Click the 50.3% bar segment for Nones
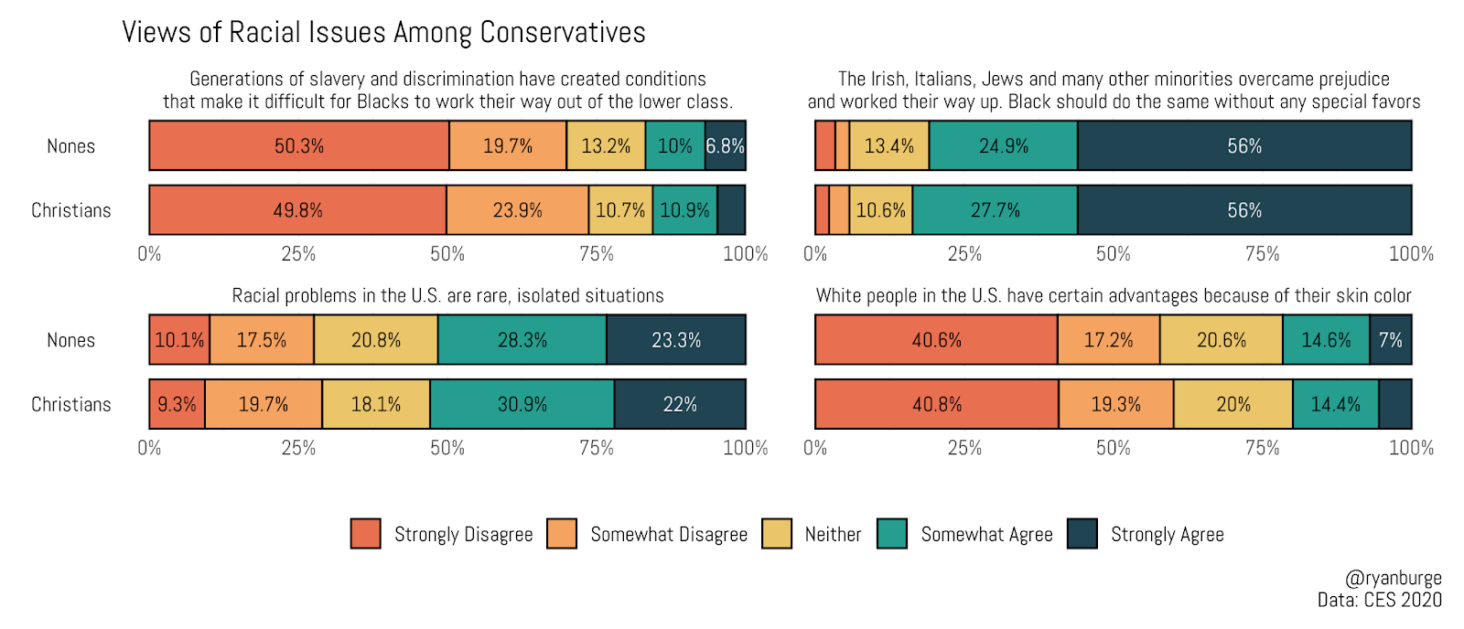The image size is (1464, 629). click(299, 145)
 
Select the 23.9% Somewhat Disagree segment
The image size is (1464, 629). click(517, 210)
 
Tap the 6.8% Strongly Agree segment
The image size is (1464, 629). click(725, 145)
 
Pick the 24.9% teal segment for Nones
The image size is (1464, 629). click(1003, 145)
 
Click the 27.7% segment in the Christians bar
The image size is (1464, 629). click(995, 210)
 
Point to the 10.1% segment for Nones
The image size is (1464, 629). click(179, 340)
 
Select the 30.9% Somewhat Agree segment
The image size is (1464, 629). click(522, 404)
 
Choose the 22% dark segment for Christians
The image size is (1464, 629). click(680, 404)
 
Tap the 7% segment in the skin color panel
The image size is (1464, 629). click(1390, 340)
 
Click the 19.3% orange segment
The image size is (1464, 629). click(1115, 404)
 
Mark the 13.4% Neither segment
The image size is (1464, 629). click(888, 145)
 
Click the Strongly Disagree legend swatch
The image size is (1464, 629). click(365, 534)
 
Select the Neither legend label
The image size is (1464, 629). click(833, 535)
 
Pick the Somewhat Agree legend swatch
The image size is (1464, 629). click(891, 534)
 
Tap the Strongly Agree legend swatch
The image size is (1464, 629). click(1082, 534)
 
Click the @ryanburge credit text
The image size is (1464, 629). click(1393, 578)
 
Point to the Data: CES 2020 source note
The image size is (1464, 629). click(1379, 600)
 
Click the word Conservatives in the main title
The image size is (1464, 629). click(563, 32)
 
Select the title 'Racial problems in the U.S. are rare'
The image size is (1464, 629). click(447, 295)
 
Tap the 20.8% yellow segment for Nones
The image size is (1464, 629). click(375, 340)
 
